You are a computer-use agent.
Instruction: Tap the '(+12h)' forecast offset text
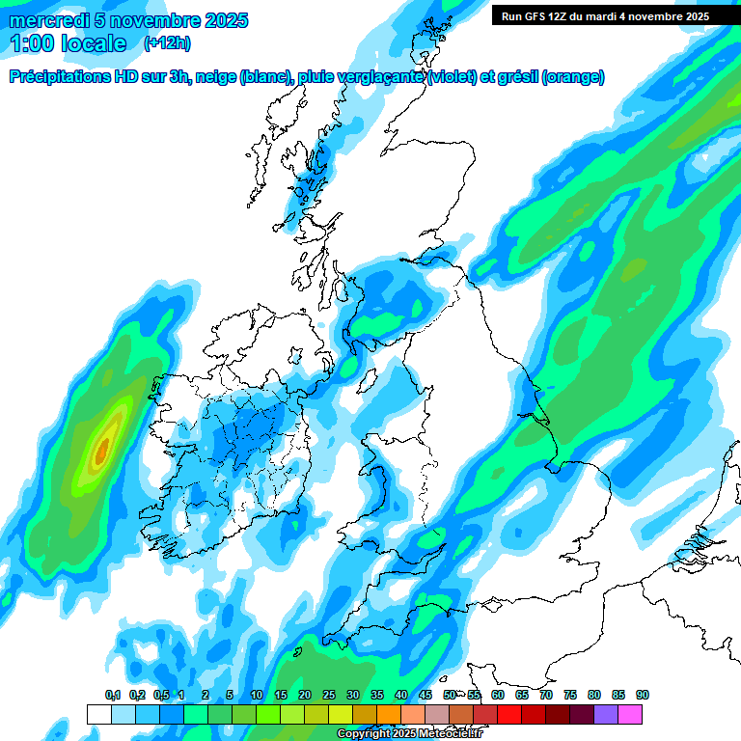point(167,43)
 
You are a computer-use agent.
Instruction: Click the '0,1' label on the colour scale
point(112,695)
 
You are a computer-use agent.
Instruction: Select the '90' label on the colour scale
point(642,695)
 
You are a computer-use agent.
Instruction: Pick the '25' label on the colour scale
point(329,695)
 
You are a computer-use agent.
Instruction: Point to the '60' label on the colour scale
point(497,695)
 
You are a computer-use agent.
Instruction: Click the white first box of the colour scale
point(98,714)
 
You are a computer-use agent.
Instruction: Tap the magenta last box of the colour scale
point(630,714)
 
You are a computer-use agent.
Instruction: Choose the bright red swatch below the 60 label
point(509,714)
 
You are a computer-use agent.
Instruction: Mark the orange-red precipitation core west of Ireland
point(103,450)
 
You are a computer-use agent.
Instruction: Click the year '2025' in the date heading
point(221,20)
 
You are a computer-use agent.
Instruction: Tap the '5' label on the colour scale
point(230,695)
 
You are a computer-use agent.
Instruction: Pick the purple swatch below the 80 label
point(606,714)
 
